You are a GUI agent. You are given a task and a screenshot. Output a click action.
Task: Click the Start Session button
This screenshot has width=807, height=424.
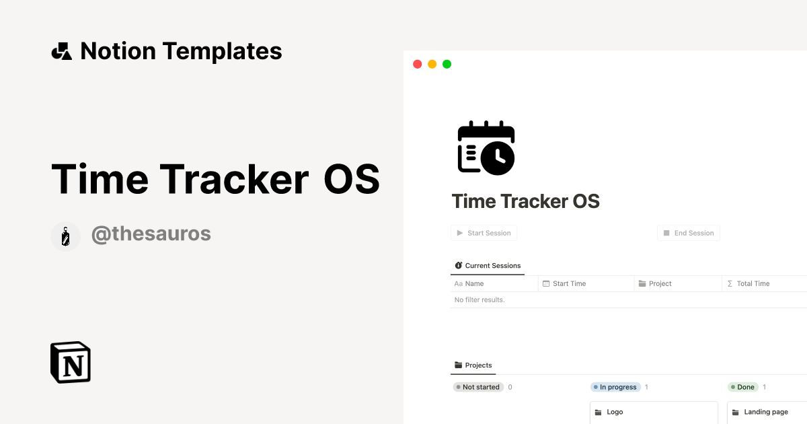click(x=484, y=233)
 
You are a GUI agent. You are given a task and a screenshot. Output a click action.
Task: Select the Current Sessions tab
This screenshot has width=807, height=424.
click(x=488, y=266)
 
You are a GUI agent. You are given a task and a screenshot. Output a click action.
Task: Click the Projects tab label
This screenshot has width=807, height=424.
click(x=473, y=365)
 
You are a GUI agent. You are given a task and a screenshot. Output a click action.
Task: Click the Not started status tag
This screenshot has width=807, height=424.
click(x=477, y=387)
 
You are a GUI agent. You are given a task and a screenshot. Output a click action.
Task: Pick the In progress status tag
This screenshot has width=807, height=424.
click(x=615, y=387)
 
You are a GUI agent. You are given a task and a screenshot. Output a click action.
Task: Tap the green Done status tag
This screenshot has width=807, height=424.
click(x=743, y=387)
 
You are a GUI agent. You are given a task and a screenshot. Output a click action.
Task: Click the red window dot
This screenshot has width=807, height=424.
click(x=417, y=65)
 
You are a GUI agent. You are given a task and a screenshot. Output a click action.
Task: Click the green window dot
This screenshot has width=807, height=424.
click(x=447, y=65)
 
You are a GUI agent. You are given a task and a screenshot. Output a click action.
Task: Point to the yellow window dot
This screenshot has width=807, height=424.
click(x=432, y=65)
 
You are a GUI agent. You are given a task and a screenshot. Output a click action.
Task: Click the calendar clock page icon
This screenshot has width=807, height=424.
click(x=486, y=148)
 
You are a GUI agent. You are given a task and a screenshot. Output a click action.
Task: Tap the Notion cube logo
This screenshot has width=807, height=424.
click(x=71, y=363)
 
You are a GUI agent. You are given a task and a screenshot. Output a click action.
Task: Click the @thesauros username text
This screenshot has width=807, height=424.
click(x=151, y=234)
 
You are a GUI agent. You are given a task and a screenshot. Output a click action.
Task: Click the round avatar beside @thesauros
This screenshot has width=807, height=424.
click(x=65, y=236)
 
